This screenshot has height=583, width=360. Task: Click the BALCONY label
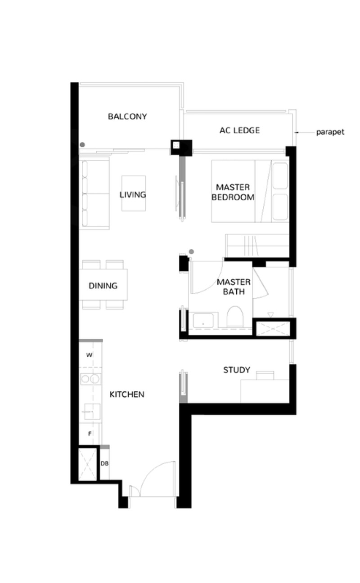[127, 117]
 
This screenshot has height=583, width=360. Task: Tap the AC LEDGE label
[239, 130]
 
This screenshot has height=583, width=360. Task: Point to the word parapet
[330, 132]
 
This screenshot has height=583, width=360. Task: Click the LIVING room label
[133, 195]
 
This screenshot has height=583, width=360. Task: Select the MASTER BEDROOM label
[233, 193]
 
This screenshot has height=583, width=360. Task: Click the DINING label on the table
[103, 286]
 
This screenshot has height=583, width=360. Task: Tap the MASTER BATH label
[234, 287]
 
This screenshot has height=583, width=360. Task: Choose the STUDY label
[237, 370]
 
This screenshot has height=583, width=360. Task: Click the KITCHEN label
[127, 395]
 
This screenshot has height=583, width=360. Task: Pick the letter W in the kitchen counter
[89, 355]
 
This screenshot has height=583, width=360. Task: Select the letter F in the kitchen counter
[90, 434]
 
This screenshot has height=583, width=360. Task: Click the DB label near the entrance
[105, 463]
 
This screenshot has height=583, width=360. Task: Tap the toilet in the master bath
[235, 317]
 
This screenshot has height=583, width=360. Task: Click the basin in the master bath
[203, 320]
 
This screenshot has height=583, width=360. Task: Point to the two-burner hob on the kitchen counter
[90, 379]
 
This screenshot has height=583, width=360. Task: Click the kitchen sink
[92, 412]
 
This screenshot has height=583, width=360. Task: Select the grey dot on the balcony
[82, 145]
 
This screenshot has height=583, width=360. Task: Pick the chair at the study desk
[265, 375]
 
